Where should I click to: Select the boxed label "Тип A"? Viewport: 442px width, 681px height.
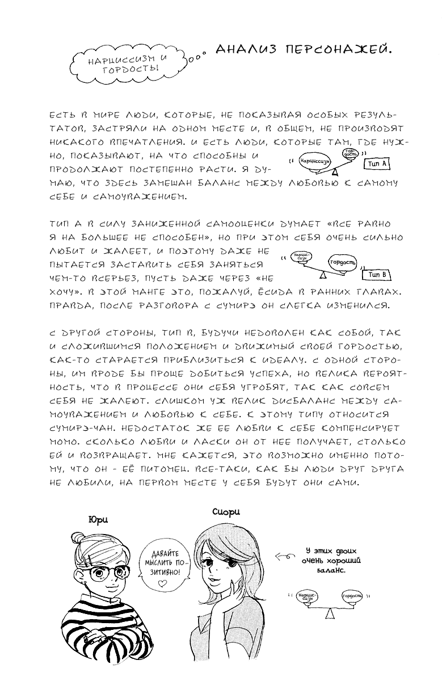pyautogui.click(x=377, y=164)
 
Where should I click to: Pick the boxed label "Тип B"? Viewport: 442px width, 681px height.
pyautogui.click(x=377, y=275)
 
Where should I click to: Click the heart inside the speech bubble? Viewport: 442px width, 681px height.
pyautogui.click(x=162, y=583)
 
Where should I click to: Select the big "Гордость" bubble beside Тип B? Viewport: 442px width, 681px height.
pyautogui.click(x=343, y=263)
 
